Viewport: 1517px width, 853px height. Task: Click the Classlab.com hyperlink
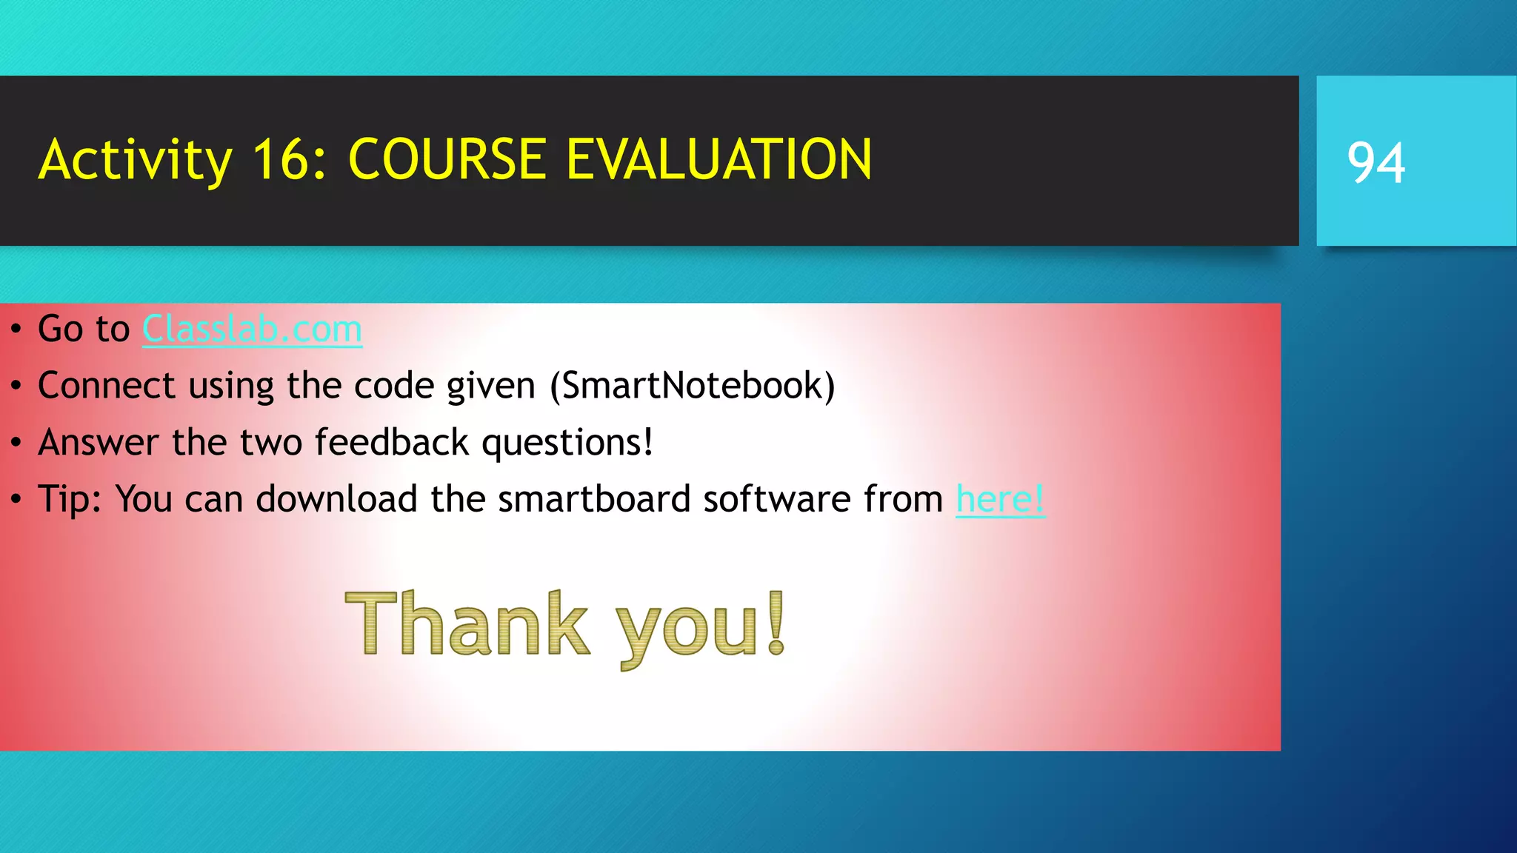click(252, 330)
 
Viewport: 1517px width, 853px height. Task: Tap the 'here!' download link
click(1000, 499)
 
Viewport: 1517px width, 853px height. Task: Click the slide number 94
click(1376, 162)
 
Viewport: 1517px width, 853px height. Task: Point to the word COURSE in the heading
click(447, 160)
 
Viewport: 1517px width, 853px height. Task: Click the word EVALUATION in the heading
click(719, 160)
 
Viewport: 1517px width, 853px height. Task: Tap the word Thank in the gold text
click(467, 624)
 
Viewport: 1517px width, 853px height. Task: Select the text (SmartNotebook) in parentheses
click(692, 386)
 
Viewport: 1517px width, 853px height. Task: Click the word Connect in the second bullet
click(107, 386)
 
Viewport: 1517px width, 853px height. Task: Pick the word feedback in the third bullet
click(392, 443)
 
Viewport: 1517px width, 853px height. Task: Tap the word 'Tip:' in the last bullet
click(70, 500)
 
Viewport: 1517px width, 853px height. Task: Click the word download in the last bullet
click(336, 499)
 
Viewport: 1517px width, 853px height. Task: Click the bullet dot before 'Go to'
click(16, 330)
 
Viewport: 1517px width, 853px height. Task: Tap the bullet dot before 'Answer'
click(16, 444)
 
